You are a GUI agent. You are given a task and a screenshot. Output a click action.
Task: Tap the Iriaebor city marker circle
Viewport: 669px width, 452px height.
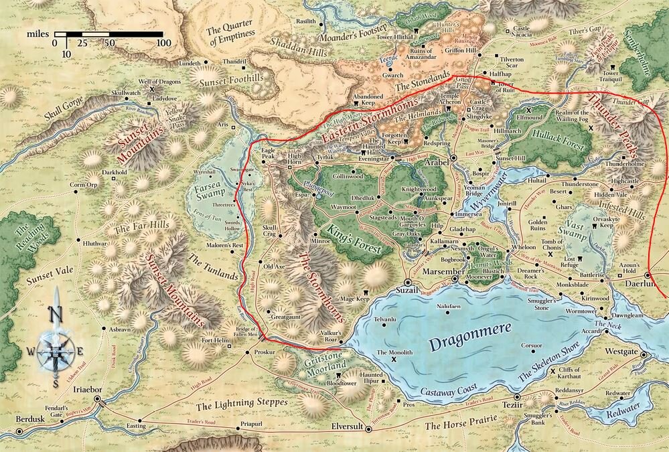point(98,399)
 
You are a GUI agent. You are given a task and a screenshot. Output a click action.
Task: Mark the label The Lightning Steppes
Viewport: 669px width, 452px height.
point(241,403)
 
